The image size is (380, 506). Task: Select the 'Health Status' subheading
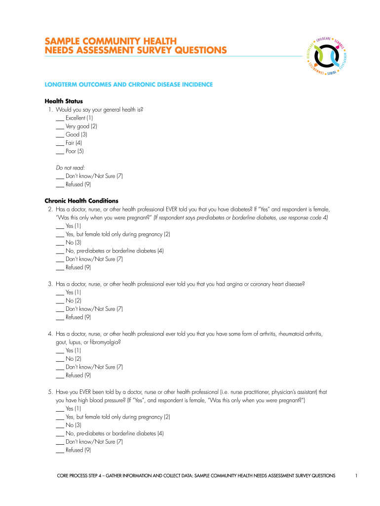(64, 101)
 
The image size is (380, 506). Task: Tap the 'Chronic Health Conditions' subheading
(81, 201)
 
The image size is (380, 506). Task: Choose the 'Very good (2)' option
(77, 126)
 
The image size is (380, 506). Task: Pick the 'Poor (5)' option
(75, 151)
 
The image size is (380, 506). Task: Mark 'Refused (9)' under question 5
(78, 450)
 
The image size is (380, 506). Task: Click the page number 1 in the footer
(356, 475)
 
